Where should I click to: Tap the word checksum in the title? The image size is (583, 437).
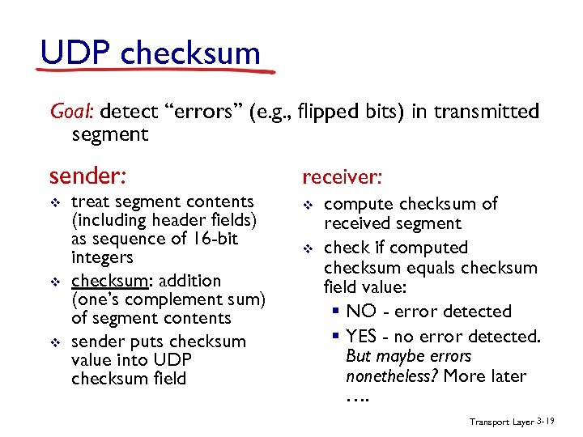coord(190,53)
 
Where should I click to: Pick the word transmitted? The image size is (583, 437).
coord(486,111)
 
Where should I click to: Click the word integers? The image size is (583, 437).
coord(102,258)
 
